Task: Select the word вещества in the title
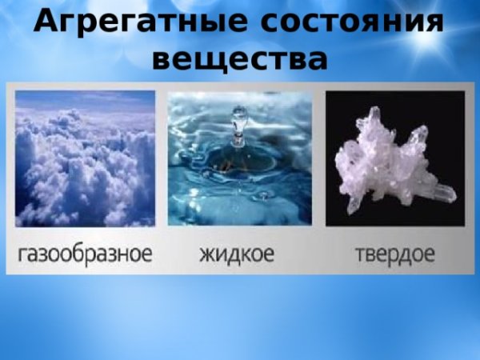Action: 239,58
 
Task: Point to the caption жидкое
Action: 237,254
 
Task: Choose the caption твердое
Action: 394,254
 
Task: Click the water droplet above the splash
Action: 237,120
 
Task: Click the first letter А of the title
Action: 46,22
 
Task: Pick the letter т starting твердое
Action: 359,255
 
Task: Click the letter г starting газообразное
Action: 22,255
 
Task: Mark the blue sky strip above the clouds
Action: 85,99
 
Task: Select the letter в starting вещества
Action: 162,59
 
